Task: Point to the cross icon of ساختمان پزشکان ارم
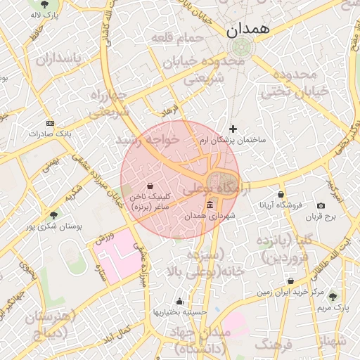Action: [233, 129]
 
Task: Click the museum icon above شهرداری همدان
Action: [210, 205]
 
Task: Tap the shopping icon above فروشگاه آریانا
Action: [281, 194]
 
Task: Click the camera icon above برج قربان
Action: [321, 205]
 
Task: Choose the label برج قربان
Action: [321, 217]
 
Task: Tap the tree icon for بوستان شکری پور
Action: [54, 215]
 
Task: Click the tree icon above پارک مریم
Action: [333, 297]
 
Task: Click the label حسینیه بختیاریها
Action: [180, 311]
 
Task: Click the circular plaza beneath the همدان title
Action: [240, 48]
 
